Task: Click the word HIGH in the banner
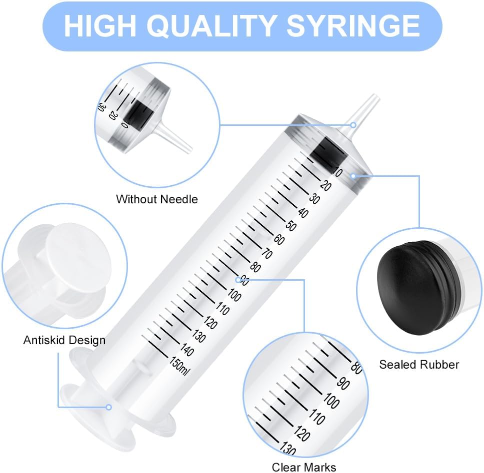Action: tap(100, 26)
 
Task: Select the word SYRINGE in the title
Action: tap(353, 26)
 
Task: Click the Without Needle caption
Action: tap(157, 199)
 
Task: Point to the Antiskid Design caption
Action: tap(64, 340)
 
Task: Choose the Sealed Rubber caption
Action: tap(419, 365)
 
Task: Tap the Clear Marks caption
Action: tap(303, 467)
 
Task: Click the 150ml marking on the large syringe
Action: tap(178, 366)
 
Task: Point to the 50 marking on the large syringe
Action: tap(291, 226)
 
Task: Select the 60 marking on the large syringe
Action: tap(279, 240)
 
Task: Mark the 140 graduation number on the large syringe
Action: tap(186, 350)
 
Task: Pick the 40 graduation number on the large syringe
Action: tap(303, 213)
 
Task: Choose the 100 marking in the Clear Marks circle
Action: tap(331, 401)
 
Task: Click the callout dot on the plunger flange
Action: tap(108, 408)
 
